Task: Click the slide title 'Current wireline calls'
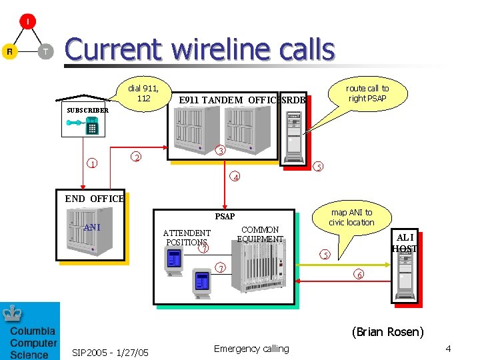coord(199,50)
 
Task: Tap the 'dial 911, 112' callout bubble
coord(143,93)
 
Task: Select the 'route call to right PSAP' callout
coord(367,93)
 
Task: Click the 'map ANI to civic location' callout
coord(351,217)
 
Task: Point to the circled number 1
coord(93,163)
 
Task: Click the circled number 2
coord(136,157)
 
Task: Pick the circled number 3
coord(221,151)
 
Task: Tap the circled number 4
coord(235,177)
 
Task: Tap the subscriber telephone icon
coord(91,124)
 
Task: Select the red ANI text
coord(92,227)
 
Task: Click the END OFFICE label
coord(94,199)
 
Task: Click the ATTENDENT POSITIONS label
coord(187,237)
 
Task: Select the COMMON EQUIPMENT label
coord(260,234)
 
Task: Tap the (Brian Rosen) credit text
coord(387,331)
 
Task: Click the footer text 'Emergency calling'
coord(251,349)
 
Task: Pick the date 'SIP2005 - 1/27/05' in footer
coord(110,351)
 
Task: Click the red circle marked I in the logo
coord(27,22)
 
